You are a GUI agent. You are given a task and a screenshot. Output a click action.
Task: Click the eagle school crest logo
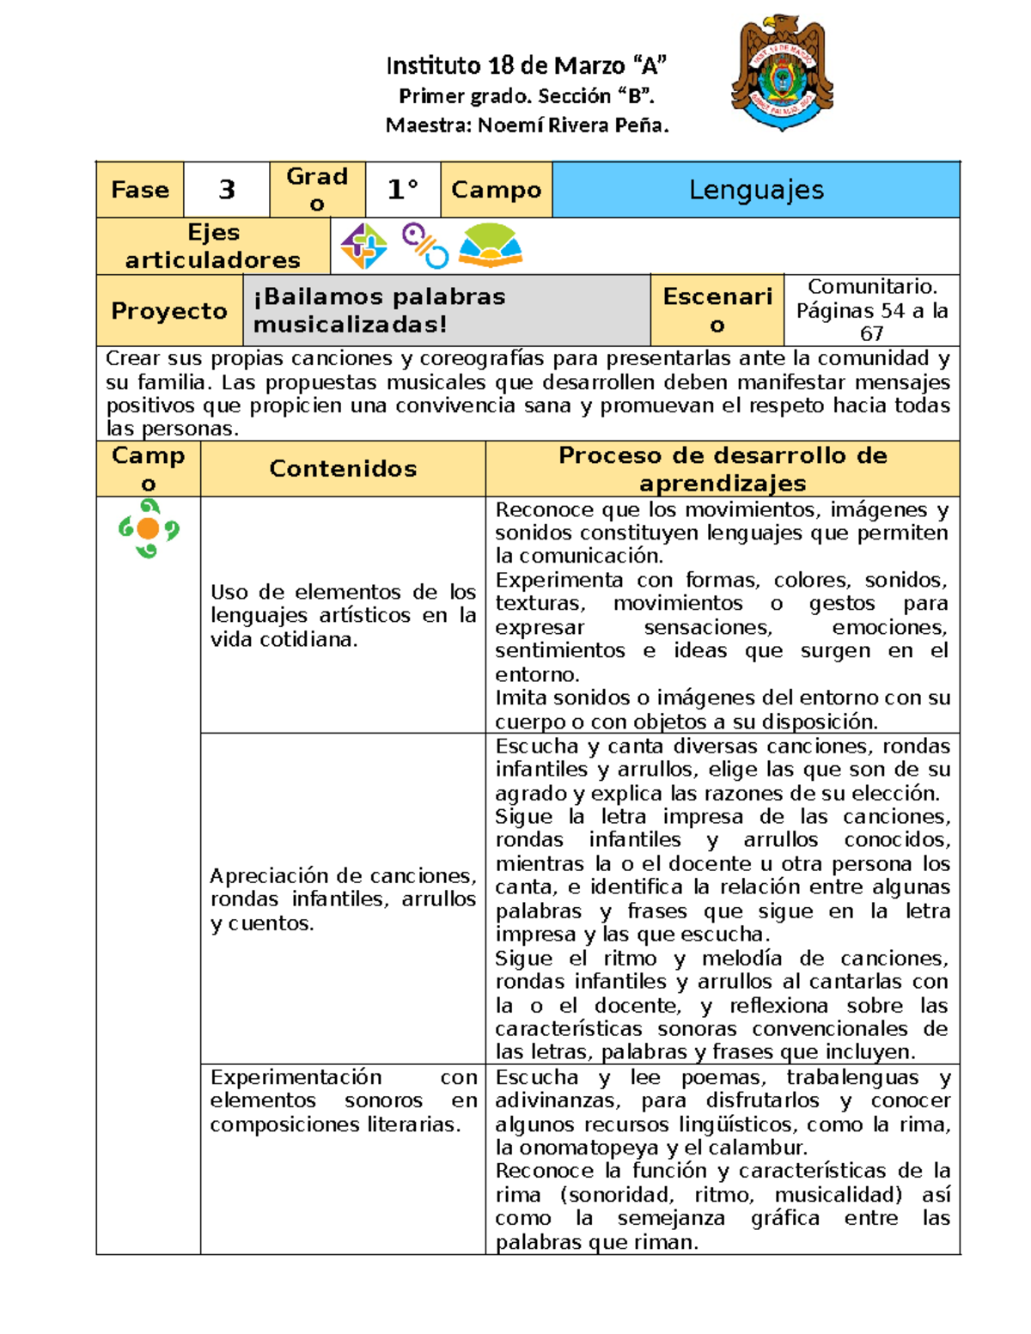782,74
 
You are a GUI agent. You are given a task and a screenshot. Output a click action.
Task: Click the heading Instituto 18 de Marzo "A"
527,65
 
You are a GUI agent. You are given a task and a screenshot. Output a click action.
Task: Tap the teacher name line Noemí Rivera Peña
527,125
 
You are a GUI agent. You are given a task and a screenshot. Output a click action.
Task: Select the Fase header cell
140,190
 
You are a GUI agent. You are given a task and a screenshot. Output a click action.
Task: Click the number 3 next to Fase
227,190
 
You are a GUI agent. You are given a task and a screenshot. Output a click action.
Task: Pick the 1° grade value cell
402,190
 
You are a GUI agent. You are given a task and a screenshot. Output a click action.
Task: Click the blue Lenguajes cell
756,190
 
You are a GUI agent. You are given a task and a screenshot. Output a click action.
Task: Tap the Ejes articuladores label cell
213,247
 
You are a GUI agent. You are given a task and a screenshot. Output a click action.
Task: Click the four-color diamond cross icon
363,247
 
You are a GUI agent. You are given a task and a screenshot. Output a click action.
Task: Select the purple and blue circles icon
425,246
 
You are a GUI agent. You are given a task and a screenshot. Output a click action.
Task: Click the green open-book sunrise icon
490,246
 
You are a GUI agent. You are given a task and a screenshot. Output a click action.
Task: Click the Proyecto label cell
169,311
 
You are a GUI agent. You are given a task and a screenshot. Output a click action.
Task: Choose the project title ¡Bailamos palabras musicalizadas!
380,310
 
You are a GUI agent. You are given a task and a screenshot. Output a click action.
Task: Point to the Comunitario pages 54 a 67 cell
871,310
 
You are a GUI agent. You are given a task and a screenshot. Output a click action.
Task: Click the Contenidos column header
343,469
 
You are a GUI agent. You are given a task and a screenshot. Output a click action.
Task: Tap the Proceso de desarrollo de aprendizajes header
722,469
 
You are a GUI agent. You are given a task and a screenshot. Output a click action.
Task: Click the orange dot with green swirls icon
148,528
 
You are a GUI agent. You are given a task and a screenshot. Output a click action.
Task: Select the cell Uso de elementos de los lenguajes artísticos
343,615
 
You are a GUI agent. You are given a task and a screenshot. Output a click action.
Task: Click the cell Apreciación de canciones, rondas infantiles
343,898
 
